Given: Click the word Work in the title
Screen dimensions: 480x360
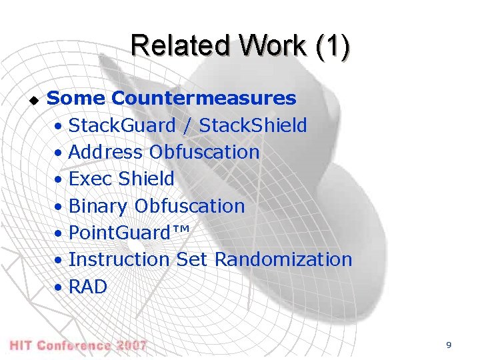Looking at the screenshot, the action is pyautogui.click(x=268, y=46).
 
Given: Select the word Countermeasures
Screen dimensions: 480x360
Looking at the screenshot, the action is pyautogui.click(x=204, y=99).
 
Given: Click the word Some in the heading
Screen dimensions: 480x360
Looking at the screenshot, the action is pyautogui.click(x=76, y=99).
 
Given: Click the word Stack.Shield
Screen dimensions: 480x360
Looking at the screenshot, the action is pyautogui.click(x=253, y=125).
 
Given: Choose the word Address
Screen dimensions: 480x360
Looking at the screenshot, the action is pyautogui.click(x=105, y=152).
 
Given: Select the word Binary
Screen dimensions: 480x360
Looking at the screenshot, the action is pyautogui.click(x=98, y=206).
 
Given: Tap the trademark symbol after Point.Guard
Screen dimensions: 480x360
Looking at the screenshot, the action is pyautogui.click(x=181, y=230).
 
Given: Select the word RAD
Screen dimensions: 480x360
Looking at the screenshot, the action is pyautogui.click(x=87, y=287).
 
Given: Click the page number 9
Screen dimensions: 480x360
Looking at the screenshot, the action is pyautogui.click(x=449, y=345).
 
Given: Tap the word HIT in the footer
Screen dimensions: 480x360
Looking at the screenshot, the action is pyautogui.click(x=21, y=345).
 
